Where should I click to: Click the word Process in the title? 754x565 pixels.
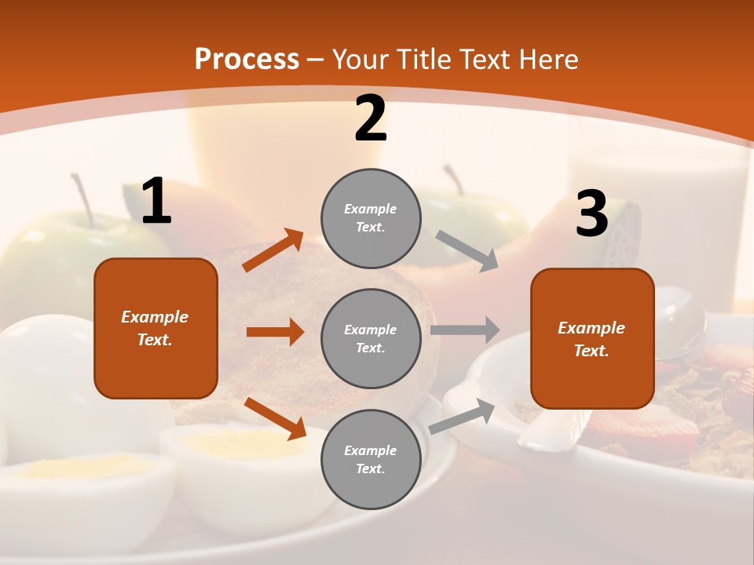[x=247, y=60]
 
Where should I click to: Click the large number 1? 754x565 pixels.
[x=156, y=202]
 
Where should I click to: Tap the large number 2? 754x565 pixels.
[x=371, y=119]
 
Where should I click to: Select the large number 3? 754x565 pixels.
[x=591, y=213]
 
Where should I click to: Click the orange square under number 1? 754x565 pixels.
[x=156, y=328]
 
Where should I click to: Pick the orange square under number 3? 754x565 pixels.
[x=592, y=338]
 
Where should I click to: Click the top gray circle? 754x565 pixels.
[x=371, y=218]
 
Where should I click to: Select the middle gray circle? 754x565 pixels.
[x=371, y=338]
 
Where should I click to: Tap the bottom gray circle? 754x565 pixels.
[x=371, y=459]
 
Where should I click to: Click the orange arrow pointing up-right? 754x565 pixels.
[x=273, y=250]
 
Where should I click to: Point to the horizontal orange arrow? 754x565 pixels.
[x=275, y=332]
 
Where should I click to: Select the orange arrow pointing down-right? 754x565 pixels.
[x=275, y=418]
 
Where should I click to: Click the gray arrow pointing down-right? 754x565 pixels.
[x=467, y=250]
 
